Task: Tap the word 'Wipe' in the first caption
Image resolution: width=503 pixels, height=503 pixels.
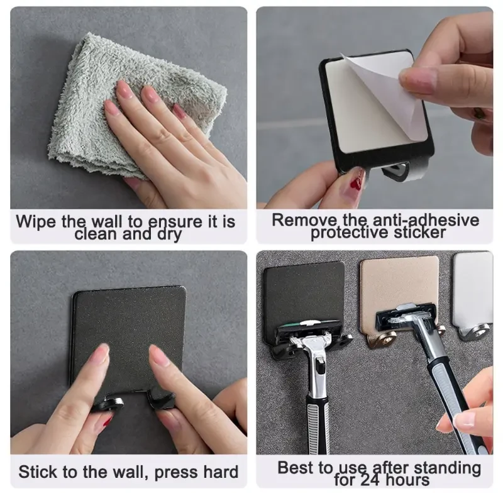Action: click(x=36, y=221)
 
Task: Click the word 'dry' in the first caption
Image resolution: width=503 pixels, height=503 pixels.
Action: click(x=167, y=235)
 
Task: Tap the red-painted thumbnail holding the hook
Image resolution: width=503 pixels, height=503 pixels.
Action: click(x=356, y=182)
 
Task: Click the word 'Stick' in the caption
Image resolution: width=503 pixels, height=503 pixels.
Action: click(x=38, y=473)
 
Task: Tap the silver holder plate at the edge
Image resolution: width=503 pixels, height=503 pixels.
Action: click(x=473, y=283)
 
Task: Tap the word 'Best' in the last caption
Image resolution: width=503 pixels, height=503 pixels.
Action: click(x=296, y=468)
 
